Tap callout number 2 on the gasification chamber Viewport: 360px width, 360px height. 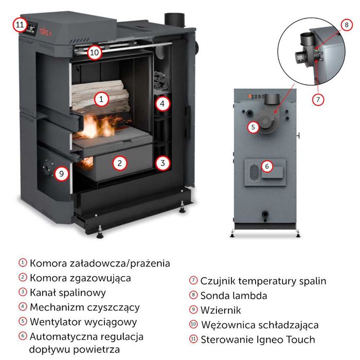coord(119,163)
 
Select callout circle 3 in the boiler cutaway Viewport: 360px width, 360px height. coord(163,163)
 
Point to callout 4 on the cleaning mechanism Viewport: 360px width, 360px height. coord(163,104)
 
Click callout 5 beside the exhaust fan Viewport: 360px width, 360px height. coord(253,127)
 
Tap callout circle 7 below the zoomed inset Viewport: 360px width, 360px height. coord(319,100)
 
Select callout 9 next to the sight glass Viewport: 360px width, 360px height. coord(61,173)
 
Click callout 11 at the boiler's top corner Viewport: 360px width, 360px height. coord(20,24)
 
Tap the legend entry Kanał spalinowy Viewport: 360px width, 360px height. coord(68,293)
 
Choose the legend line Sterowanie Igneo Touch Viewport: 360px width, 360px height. coord(258,339)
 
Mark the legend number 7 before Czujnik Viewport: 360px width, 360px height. coord(193,281)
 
